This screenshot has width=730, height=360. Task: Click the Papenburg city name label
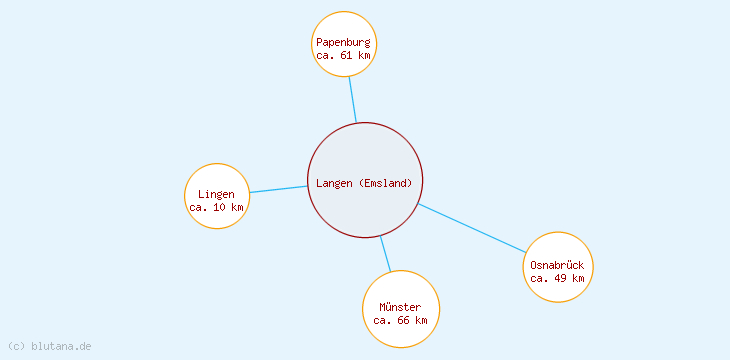tap(343, 43)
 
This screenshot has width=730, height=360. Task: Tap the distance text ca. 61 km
tap(343, 56)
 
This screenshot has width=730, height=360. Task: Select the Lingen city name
tap(216, 194)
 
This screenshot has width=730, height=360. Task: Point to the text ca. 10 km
tap(216, 207)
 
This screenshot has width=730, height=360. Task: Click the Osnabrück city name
tap(557, 265)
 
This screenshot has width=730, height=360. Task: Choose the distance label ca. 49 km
tap(557, 278)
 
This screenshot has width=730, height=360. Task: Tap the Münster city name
tap(400, 307)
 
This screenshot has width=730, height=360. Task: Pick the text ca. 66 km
tap(400, 320)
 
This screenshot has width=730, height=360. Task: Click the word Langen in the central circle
tap(335, 183)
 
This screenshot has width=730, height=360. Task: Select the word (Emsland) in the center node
tap(386, 183)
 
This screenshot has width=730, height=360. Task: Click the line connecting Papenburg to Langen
tap(352, 100)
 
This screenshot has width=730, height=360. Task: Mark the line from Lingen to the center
tap(278, 189)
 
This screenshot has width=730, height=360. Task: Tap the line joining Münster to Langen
tap(385, 254)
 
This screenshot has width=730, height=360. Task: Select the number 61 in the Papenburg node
tap(346, 56)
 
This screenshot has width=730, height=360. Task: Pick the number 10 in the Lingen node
tap(219, 207)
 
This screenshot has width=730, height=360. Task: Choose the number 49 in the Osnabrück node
tap(560, 278)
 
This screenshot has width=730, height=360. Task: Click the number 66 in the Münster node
tap(403, 320)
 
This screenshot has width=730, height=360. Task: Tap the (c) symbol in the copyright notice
tap(16, 346)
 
